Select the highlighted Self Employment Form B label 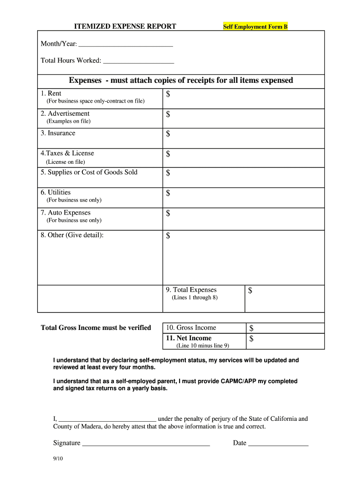point(255,27)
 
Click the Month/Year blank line point(126,45)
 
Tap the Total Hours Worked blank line point(138,61)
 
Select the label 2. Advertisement point(65,113)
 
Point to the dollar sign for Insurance point(168,135)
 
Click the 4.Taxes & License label point(67,153)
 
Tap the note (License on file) point(65,162)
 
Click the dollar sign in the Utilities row point(168,193)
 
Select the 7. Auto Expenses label point(65,213)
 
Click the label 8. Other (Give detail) point(72,235)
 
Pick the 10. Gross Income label point(190,328)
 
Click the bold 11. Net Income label point(188,338)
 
